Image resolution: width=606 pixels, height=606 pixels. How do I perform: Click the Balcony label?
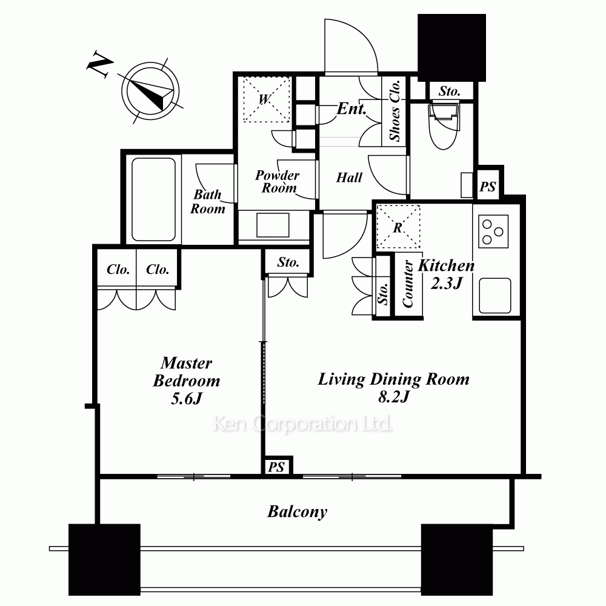point(297,511)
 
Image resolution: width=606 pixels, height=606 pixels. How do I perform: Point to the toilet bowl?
point(444,125)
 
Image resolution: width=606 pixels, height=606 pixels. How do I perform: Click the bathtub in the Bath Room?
point(153,199)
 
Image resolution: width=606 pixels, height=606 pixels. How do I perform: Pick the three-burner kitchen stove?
point(493,231)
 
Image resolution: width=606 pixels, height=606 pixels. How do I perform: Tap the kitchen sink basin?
point(494,296)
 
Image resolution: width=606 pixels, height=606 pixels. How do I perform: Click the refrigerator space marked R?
point(398,227)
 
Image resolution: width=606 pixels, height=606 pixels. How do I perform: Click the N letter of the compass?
point(100,65)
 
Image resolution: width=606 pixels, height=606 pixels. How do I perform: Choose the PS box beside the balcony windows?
point(277,467)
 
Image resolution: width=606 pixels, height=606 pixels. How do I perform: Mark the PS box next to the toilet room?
point(488,187)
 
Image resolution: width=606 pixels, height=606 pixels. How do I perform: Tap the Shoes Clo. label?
point(395,111)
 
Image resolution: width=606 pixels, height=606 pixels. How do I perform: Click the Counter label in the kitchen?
point(408,284)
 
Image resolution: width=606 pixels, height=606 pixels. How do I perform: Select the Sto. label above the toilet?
point(450,92)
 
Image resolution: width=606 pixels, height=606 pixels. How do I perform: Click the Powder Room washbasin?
point(273,225)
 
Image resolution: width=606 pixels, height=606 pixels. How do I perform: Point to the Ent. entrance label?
point(351,108)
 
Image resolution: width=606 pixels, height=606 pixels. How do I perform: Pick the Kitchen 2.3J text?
point(447,274)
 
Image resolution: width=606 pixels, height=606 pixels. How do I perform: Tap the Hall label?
point(350,178)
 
